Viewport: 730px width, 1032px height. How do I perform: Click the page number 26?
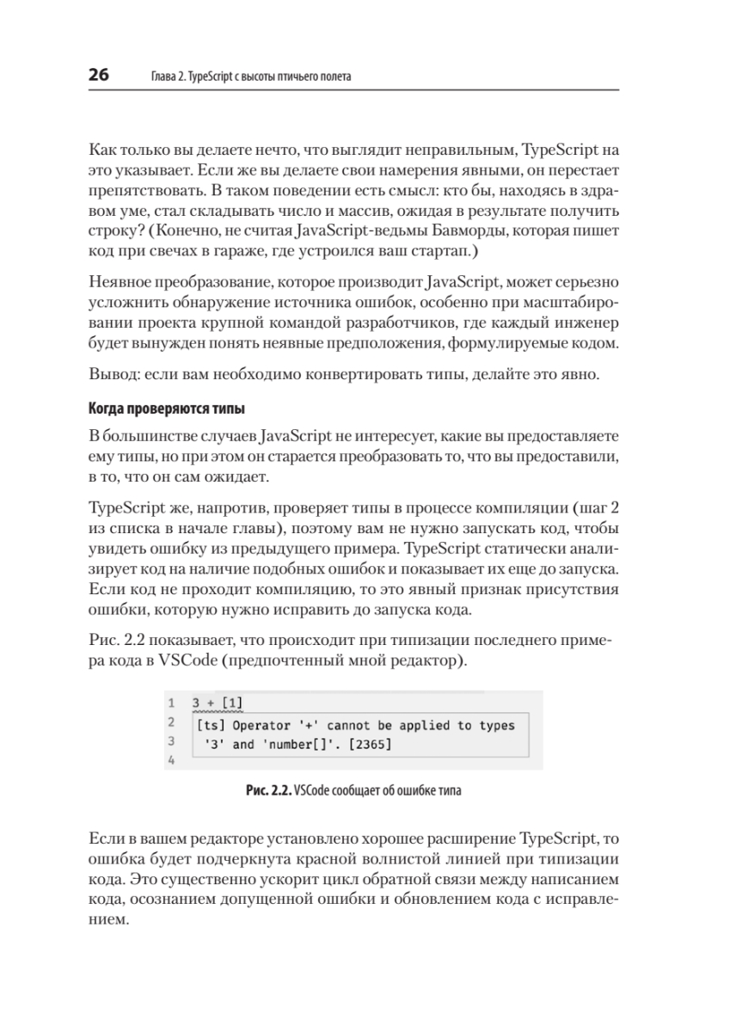pyautogui.click(x=98, y=76)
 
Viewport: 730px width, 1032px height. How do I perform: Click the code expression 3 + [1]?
pyautogui.click(x=218, y=703)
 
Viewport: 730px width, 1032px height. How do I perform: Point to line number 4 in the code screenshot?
pyautogui.click(x=172, y=760)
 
